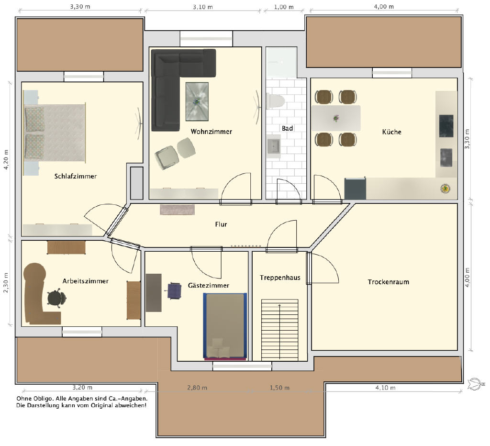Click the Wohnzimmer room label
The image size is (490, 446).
211,132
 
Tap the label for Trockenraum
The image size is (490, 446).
388,282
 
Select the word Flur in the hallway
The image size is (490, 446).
221,224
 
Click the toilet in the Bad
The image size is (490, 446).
275,100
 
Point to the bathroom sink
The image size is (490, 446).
274,146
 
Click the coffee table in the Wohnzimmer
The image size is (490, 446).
197,101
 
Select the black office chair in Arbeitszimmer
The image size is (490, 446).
56,298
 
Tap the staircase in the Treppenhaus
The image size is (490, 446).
279,330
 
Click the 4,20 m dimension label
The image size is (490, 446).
6,160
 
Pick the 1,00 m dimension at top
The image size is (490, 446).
284,7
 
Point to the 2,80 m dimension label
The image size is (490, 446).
197,388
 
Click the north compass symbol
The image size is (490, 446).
476,384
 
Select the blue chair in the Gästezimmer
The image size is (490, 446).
174,290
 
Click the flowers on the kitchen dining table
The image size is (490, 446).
336,118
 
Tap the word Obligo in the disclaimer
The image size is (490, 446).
44,399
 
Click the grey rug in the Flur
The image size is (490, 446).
177,210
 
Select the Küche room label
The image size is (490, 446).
391,132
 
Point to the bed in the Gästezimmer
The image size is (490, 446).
225,326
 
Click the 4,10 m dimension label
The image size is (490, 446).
385,388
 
